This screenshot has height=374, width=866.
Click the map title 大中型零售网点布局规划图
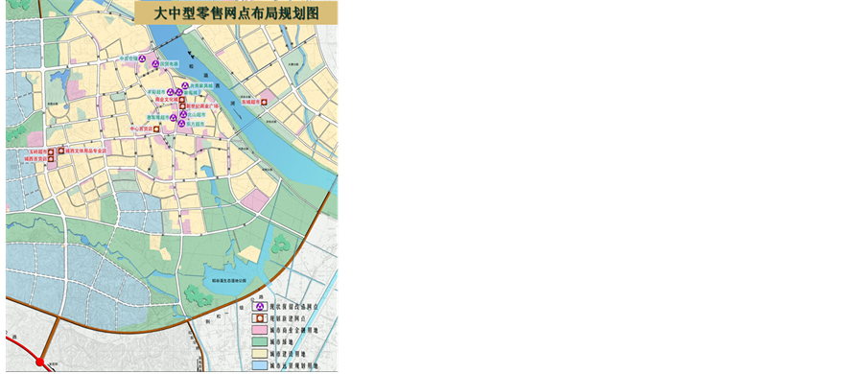tap(236, 13)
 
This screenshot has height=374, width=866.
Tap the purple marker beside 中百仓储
tap(143, 59)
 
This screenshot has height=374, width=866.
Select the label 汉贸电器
tap(169, 64)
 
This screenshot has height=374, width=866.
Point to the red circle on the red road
tap(40, 362)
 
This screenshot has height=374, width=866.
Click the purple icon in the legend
tap(259, 306)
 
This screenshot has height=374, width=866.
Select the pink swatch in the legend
tap(259, 330)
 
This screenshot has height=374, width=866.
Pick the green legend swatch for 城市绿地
tap(259, 342)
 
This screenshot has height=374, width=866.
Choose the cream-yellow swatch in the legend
tap(259, 354)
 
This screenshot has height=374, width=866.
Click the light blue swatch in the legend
tap(259, 365)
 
